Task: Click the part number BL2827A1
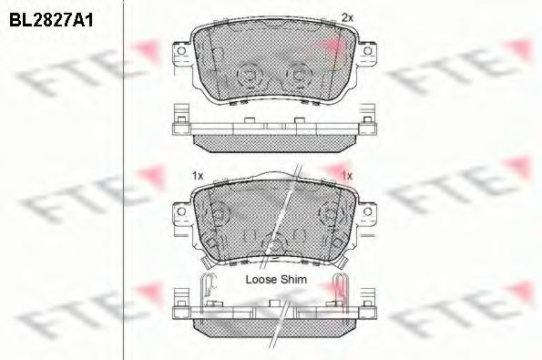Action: (x=51, y=20)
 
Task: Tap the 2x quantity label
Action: (x=347, y=17)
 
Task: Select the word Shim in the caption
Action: (x=293, y=280)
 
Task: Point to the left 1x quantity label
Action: (x=198, y=176)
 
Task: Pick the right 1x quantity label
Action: (x=347, y=176)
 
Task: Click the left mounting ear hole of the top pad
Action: (x=181, y=51)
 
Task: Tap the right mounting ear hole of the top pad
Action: (x=367, y=51)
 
